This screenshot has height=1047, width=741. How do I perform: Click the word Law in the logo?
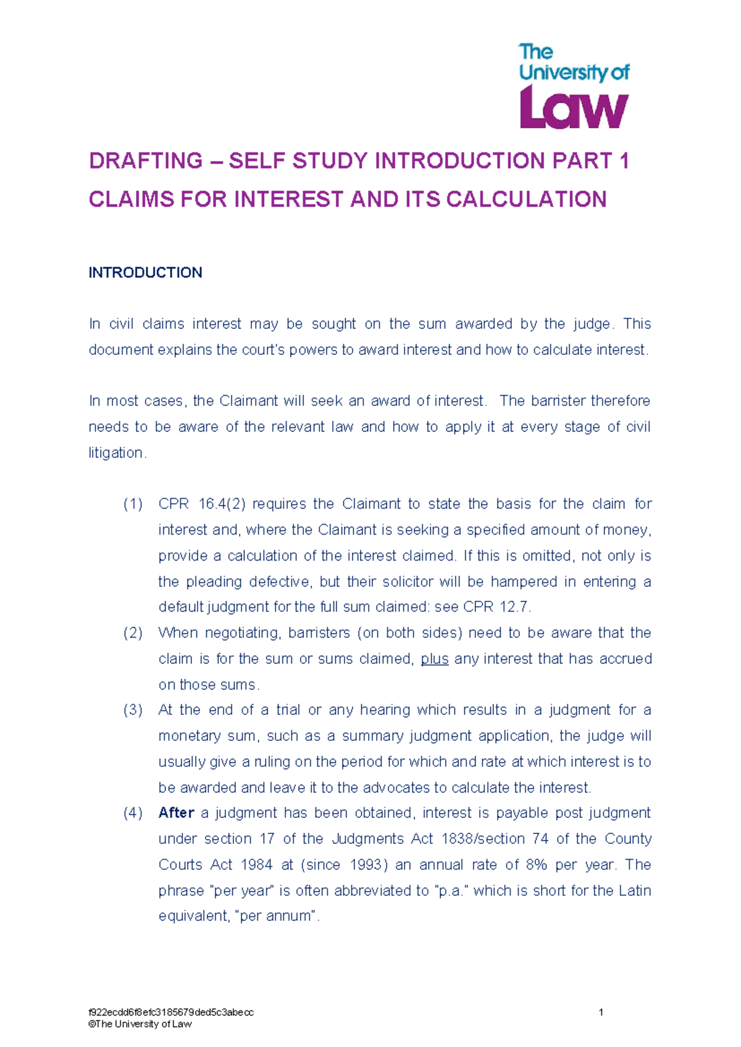pyautogui.click(x=574, y=107)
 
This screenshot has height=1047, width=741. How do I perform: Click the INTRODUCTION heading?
pyautogui.click(x=145, y=273)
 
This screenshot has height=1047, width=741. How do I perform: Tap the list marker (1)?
pyautogui.click(x=133, y=504)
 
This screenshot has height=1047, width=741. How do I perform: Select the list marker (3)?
pyautogui.click(x=133, y=710)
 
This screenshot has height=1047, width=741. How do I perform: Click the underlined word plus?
pyautogui.click(x=434, y=659)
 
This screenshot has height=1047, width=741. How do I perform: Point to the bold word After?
pyautogui.click(x=176, y=813)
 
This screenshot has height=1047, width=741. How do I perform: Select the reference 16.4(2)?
pyautogui.click(x=222, y=504)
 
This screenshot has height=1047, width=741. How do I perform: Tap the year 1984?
pyautogui.click(x=256, y=865)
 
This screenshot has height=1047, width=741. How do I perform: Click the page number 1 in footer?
pyautogui.click(x=601, y=1012)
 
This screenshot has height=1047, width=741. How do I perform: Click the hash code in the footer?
pyautogui.click(x=171, y=1012)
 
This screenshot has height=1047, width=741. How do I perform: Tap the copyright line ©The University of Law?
pyautogui.click(x=140, y=1024)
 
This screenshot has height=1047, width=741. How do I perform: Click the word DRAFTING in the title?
pyautogui.click(x=146, y=161)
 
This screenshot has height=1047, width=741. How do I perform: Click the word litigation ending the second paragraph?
pyautogui.click(x=117, y=453)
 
